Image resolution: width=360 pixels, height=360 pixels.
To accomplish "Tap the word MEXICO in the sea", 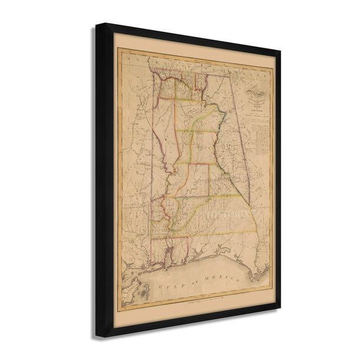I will click(x=224, y=278).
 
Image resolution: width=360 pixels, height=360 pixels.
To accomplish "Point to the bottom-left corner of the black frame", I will click(x=98, y=336).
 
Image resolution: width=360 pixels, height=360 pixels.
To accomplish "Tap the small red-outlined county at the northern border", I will click(x=201, y=82).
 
